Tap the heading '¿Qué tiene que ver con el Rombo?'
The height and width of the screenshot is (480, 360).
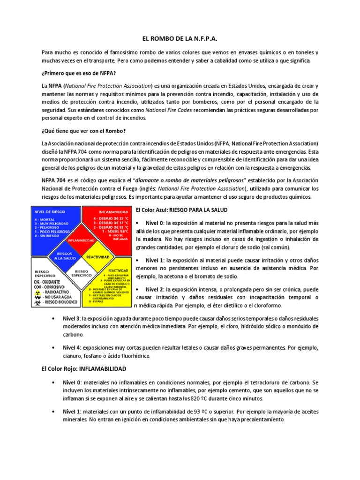(83, 130)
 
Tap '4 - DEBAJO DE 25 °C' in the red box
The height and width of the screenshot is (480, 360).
(111, 218)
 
